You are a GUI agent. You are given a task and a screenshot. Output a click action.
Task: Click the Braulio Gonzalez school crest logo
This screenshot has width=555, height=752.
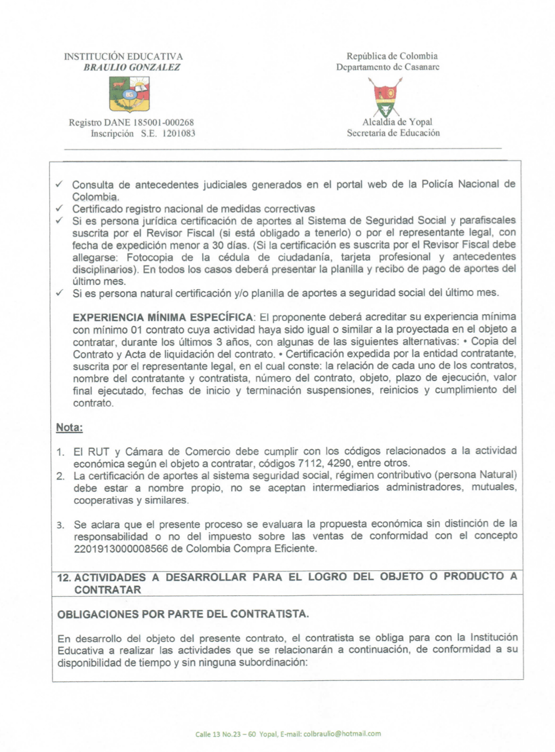point(129,94)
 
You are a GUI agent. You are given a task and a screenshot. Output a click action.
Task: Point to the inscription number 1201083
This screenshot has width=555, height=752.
point(179,133)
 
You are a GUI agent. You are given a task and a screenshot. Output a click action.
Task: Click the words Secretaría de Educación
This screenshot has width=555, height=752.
point(393,133)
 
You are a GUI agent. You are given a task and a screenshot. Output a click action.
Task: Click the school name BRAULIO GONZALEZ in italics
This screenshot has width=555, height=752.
point(132,67)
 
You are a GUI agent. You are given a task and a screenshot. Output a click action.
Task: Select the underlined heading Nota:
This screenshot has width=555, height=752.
point(69,427)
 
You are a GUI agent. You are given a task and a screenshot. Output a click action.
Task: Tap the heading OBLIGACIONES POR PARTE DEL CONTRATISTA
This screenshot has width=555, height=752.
point(183,614)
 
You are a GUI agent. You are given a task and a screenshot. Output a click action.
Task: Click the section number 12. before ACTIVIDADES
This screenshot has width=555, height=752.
point(64,578)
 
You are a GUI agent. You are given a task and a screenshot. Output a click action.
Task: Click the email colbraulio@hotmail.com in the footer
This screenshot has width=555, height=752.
point(342,733)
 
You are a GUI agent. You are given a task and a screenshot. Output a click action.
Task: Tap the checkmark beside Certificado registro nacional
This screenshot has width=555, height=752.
point(59,208)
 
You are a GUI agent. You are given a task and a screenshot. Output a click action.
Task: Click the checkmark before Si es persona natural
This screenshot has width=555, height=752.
point(59,293)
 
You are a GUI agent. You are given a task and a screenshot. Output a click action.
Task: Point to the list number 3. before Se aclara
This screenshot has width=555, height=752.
point(61,525)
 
